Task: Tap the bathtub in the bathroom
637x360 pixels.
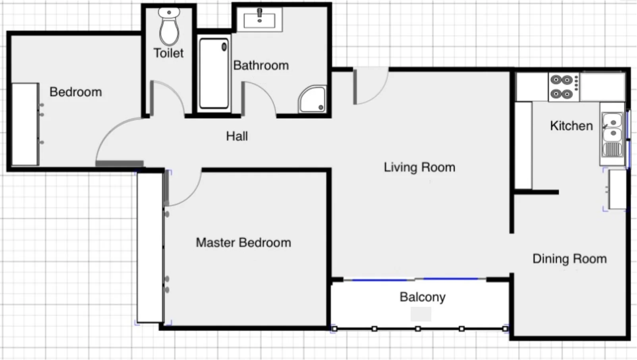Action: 214,73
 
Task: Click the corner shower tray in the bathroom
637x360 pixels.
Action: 313,99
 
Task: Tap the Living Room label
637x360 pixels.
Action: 419,167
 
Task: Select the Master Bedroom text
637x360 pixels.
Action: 243,243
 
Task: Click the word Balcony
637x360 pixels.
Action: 422,297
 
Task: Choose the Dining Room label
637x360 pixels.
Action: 569,259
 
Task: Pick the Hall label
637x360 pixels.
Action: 237,136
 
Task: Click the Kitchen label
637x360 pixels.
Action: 571,126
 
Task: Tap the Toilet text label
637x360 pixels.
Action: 168,53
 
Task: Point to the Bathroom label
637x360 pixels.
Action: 261,65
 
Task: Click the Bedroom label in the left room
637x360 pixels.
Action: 75,92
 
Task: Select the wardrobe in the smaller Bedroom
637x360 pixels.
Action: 25,124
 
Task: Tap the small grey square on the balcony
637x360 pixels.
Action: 421,314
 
